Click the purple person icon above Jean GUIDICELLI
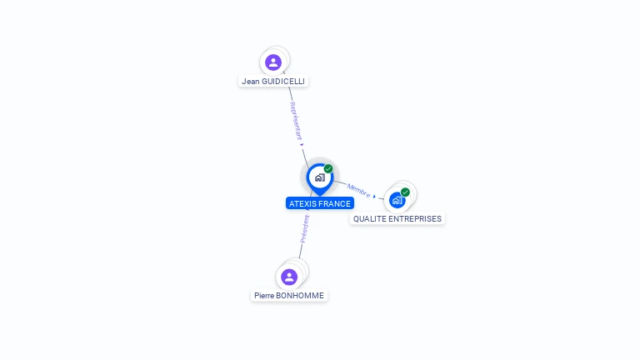[273, 62]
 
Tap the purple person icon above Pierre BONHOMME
[289, 277]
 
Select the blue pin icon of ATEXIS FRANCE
[319, 177]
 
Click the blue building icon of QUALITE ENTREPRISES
[397, 200]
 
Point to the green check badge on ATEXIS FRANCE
[328, 169]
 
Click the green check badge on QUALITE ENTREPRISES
[405, 192]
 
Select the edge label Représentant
[295, 120]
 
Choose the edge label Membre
[359, 189]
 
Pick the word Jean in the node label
[250, 82]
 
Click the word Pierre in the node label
[266, 295]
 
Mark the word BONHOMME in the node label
[301, 295]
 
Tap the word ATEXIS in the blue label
[302, 203]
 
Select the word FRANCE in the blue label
[334, 203]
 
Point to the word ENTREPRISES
[416, 218]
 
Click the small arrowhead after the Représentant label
[302, 145]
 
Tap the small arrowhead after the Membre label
[375, 197]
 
